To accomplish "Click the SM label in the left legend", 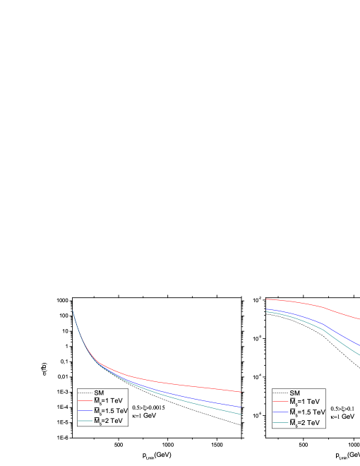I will (99, 393).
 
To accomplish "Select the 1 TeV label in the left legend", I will (108, 401).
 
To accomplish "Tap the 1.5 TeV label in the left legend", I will (111, 411).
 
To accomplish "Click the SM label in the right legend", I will (295, 393).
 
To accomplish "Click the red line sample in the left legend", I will (85, 401).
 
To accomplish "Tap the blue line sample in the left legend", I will (85, 411).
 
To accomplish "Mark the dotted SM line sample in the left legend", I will (85, 393).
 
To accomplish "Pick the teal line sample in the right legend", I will (280, 422).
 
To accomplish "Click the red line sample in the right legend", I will (280, 402).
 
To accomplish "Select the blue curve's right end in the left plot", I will (240, 407).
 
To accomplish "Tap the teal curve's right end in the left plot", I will (240, 414).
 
